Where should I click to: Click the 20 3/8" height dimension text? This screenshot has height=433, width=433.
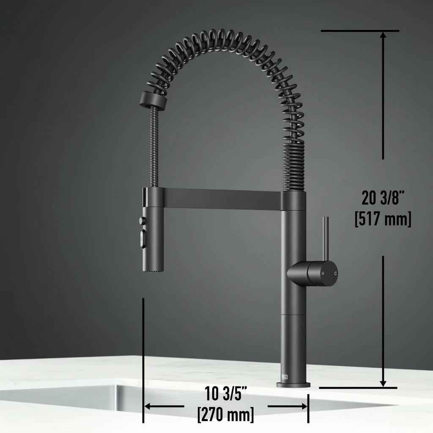[x=383, y=197]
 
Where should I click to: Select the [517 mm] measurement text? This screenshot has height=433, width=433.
[x=383, y=219]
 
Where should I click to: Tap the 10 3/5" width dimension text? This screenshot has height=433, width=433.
[x=226, y=394]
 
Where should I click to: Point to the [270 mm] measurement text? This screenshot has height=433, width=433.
[x=226, y=414]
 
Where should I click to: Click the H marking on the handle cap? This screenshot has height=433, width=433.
[x=323, y=274]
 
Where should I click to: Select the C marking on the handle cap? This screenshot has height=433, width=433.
[x=336, y=274]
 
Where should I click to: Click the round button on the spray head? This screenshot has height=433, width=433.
[x=141, y=220]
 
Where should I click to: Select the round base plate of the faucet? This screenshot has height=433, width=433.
[x=293, y=384]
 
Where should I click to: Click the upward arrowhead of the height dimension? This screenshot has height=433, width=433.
[x=383, y=36]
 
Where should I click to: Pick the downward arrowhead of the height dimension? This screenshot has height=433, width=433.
[x=383, y=382]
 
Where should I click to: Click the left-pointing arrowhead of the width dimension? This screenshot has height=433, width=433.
[x=148, y=406]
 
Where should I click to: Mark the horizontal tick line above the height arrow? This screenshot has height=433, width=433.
[x=360, y=31]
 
